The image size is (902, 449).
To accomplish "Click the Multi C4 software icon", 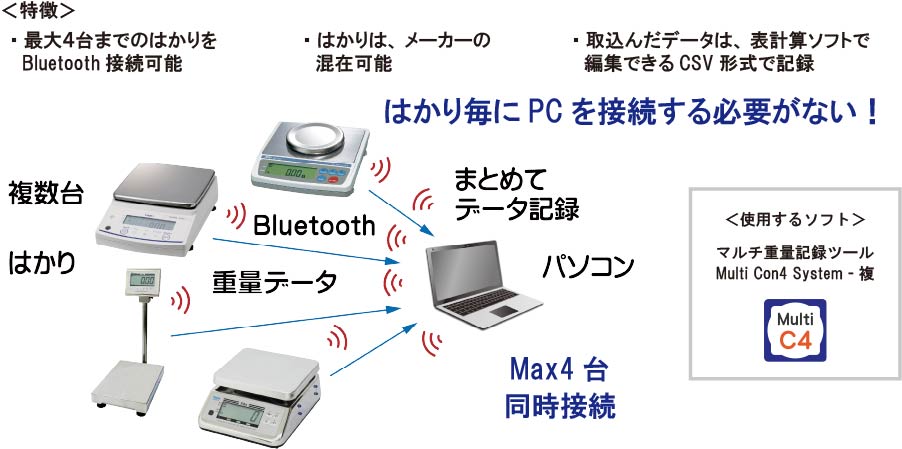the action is (795, 330).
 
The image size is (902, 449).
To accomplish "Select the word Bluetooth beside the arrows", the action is (314, 225).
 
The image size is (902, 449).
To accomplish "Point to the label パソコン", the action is (588, 266).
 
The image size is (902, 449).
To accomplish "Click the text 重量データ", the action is (274, 282).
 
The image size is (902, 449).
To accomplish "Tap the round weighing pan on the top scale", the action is (316, 137).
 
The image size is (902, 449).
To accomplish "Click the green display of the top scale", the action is (288, 170).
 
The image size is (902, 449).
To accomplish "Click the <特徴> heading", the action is (39, 11).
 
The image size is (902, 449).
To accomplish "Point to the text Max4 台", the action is (557, 369).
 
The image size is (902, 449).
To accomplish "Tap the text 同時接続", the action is (560, 406).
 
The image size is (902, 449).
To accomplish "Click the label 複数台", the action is (45, 193).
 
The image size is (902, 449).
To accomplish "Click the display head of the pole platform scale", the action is (142, 281).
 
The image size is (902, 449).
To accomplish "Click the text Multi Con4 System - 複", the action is (795, 274).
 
